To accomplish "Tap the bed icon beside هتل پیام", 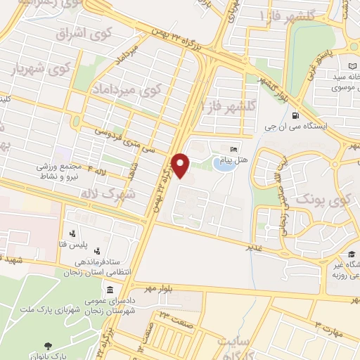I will coord(234,149).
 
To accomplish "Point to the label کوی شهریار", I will coord(42,68).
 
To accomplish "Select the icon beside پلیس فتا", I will coord(72,234).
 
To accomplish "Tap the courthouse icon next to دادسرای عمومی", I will coord(110,290).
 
